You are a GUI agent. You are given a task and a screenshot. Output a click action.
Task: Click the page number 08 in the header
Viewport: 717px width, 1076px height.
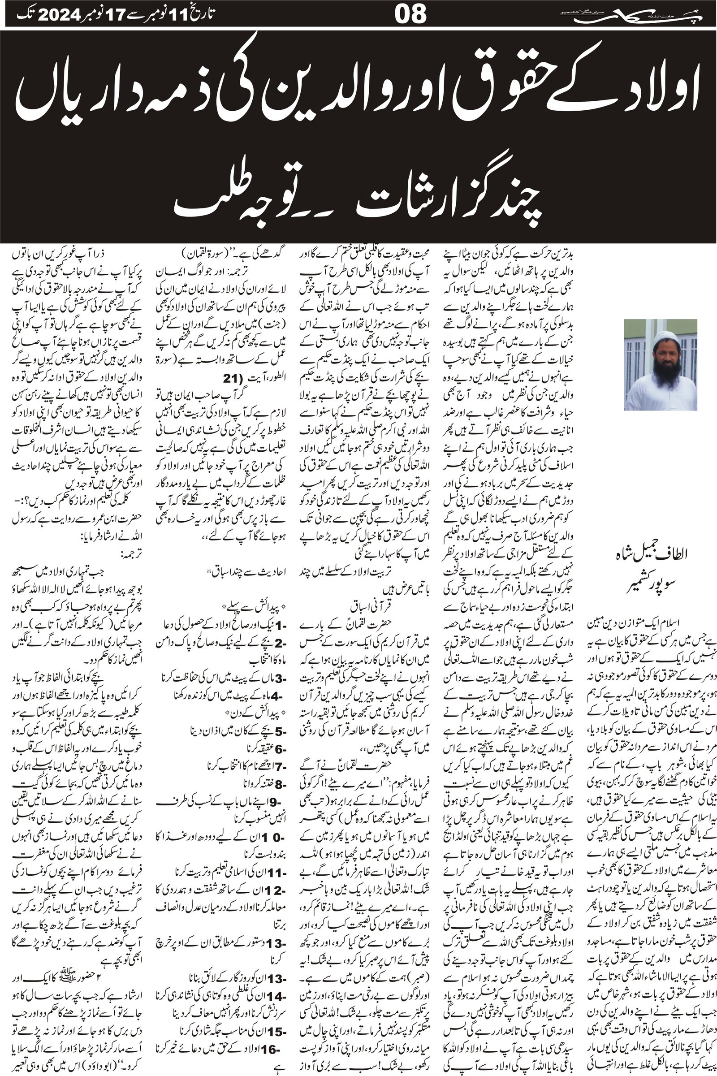(x=410, y=14)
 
